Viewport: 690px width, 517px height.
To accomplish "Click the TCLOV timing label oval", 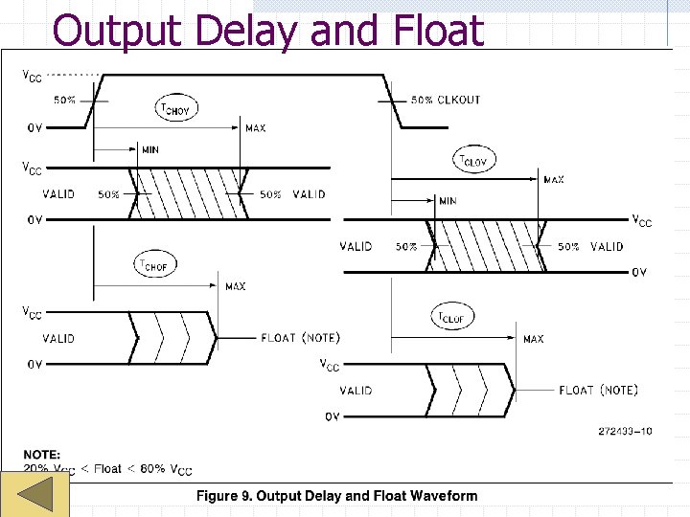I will pyautogui.click(x=473, y=161).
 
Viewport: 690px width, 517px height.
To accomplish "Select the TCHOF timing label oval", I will pyautogui.click(x=154, y=265).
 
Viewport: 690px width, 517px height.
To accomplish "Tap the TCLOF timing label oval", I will pyautogui.click(x=452, y=316).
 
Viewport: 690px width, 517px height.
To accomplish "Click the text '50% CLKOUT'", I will pyautogui.click(x=446, y=100).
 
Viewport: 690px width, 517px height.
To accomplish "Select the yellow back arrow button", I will pyautogui.click(x=35, y=496).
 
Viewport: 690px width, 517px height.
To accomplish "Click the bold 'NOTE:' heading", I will pyautogui.click(x=42, y=455).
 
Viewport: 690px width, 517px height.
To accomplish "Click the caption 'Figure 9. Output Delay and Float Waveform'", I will pyautogui.click(x=336, y=495).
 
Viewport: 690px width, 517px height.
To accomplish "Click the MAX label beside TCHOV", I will pyautogui.click(x=256, y=128).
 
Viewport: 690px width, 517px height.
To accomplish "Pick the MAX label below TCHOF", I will pyautogui.click(x=235, y=286).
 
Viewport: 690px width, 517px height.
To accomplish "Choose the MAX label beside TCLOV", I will pyautogui.click(x=554, y=179).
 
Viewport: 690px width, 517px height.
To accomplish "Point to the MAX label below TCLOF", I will pyautogui.click(x=534, y=339).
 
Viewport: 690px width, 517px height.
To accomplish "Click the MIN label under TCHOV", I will pyautogui.click(x=149, y=149).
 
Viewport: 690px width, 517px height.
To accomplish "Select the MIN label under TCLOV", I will pyautogui.click(x=448, y=201).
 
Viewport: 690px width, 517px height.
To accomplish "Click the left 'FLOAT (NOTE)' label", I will pyautogui.click(x=300, y=338).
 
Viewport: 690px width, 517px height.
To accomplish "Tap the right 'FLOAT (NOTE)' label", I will pyautogui.click(x=598, y=390).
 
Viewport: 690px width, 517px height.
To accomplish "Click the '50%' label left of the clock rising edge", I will pyautogui.click(x=64, y=100).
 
